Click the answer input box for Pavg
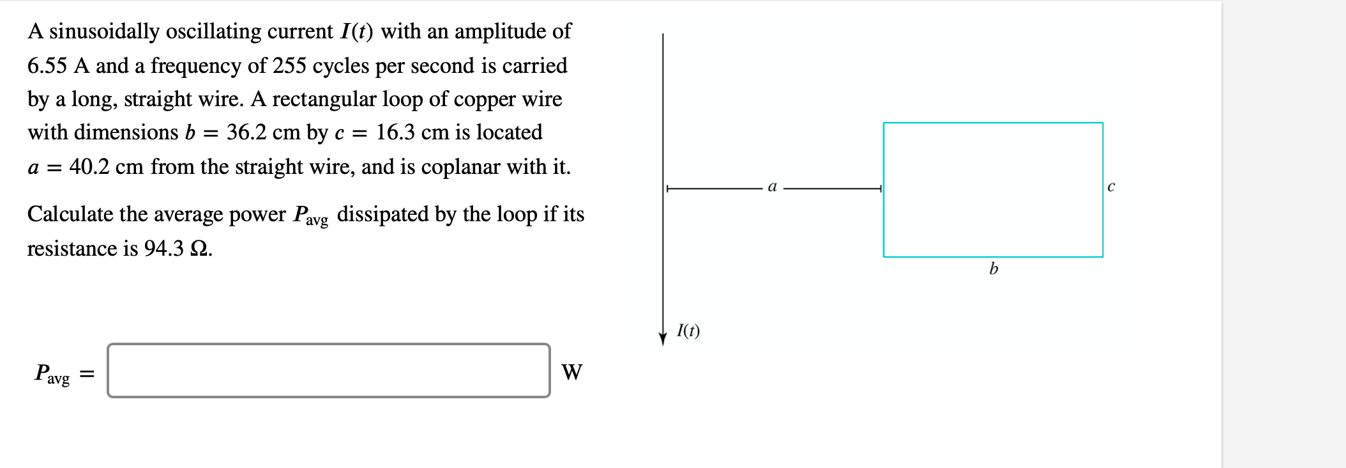(x=328, y=371)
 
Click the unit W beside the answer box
(x=571, y=372)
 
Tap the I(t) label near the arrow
(x=688, y=331)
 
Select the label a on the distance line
(x=772, y=187)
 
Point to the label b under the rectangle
(x=994, y=269)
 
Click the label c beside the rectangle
(x=1111, y=187)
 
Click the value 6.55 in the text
(x=47, y=65)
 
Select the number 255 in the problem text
(x=289, y=65)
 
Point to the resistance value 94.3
(x=163, y=248)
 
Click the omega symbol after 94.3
(x=199, y=248)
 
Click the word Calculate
(x=70, y=214)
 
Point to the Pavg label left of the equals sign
(x=52, y=373)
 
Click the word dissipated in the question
(x=382, y=214)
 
